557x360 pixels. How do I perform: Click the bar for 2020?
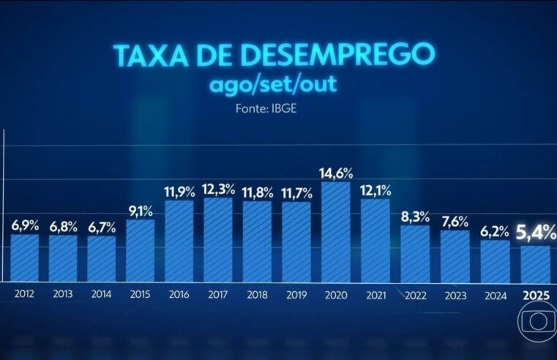(336, 230)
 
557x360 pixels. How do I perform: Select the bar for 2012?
(24, 257)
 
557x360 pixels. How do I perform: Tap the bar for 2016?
(180, 240)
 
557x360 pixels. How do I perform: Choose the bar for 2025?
(535, 263)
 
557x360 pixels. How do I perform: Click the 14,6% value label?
(336, 173)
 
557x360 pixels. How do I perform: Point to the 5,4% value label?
(535, 234)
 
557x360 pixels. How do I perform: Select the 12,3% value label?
(219, 190)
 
